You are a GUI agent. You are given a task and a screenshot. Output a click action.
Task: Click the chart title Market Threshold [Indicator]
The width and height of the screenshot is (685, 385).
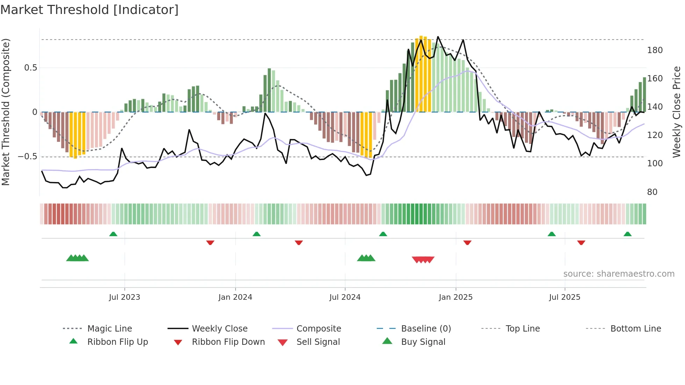click(x=89, y=10)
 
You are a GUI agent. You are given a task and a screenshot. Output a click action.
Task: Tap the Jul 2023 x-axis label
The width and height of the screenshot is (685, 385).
click(x=124, y=297)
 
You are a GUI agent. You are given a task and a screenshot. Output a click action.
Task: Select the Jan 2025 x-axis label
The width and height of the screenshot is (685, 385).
click(x=455, y=297)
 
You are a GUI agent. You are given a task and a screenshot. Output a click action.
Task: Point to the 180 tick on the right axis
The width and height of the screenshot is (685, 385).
click(x=655, y=50)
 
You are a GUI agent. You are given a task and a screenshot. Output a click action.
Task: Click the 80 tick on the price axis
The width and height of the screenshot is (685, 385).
click(x=652, y=192)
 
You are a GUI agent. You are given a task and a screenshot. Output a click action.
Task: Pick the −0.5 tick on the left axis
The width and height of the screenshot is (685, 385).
click(x=27, y=156)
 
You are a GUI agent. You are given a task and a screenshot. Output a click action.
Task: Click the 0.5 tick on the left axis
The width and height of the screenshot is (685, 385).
click(x=30, y=68)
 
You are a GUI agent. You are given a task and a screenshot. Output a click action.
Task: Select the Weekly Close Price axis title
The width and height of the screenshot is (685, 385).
click(x=677, y=112)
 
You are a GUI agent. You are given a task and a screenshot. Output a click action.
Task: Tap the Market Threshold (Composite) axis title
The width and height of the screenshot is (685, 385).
click(x=6, y=112)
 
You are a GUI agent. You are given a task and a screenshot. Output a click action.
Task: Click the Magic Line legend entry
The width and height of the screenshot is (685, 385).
click(x=109, y=329)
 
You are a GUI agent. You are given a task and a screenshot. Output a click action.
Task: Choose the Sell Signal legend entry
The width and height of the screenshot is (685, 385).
click(x=318, y=342)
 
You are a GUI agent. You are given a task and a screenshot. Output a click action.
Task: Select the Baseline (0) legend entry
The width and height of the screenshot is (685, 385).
click(x=426, y=329)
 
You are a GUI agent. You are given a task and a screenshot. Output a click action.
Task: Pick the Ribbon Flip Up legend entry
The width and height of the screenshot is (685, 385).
click(x=117, y=342)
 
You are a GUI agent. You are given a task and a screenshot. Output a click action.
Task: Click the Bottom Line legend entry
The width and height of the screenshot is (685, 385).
click(x=635, y=329)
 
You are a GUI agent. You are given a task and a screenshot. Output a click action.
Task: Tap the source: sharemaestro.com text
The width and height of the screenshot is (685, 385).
click(x=619, y=274)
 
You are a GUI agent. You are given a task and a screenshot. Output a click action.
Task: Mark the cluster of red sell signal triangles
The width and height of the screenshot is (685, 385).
click(x=423, y=260)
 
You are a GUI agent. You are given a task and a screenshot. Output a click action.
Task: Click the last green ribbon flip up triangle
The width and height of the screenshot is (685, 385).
click(x=627, y=234)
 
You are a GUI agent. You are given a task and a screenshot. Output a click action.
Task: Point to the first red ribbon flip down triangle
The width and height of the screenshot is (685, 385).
click(x=210, y=242)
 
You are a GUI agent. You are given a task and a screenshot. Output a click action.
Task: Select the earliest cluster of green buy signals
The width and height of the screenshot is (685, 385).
click(x=77, y=258)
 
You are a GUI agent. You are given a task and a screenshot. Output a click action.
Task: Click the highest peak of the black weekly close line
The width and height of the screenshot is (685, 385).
click(x=438, y=37)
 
